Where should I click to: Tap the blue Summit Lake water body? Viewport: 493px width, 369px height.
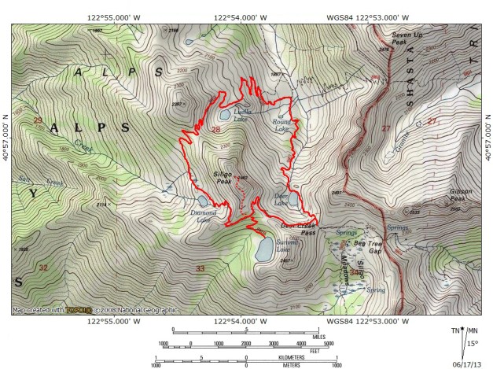tap(263, 249)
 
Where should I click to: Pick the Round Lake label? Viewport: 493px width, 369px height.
tap(281, 126)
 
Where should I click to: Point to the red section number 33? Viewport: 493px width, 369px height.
tap(201, 270)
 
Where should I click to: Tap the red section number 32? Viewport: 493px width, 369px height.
tap(42, 268)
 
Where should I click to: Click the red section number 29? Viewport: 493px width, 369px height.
tap(37, 120)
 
